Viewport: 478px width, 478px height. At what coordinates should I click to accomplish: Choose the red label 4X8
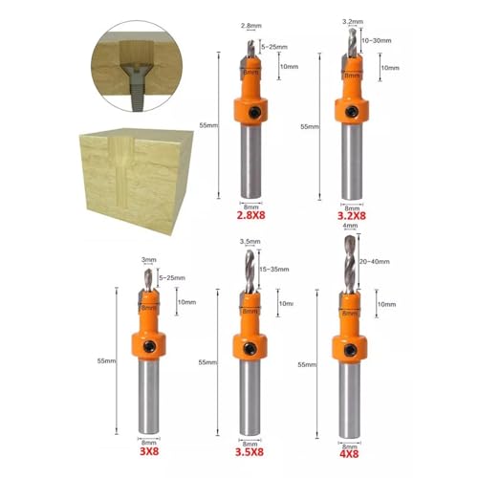(x=351, y=453)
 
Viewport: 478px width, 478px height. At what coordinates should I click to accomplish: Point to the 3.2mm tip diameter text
(x=352, y=18)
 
